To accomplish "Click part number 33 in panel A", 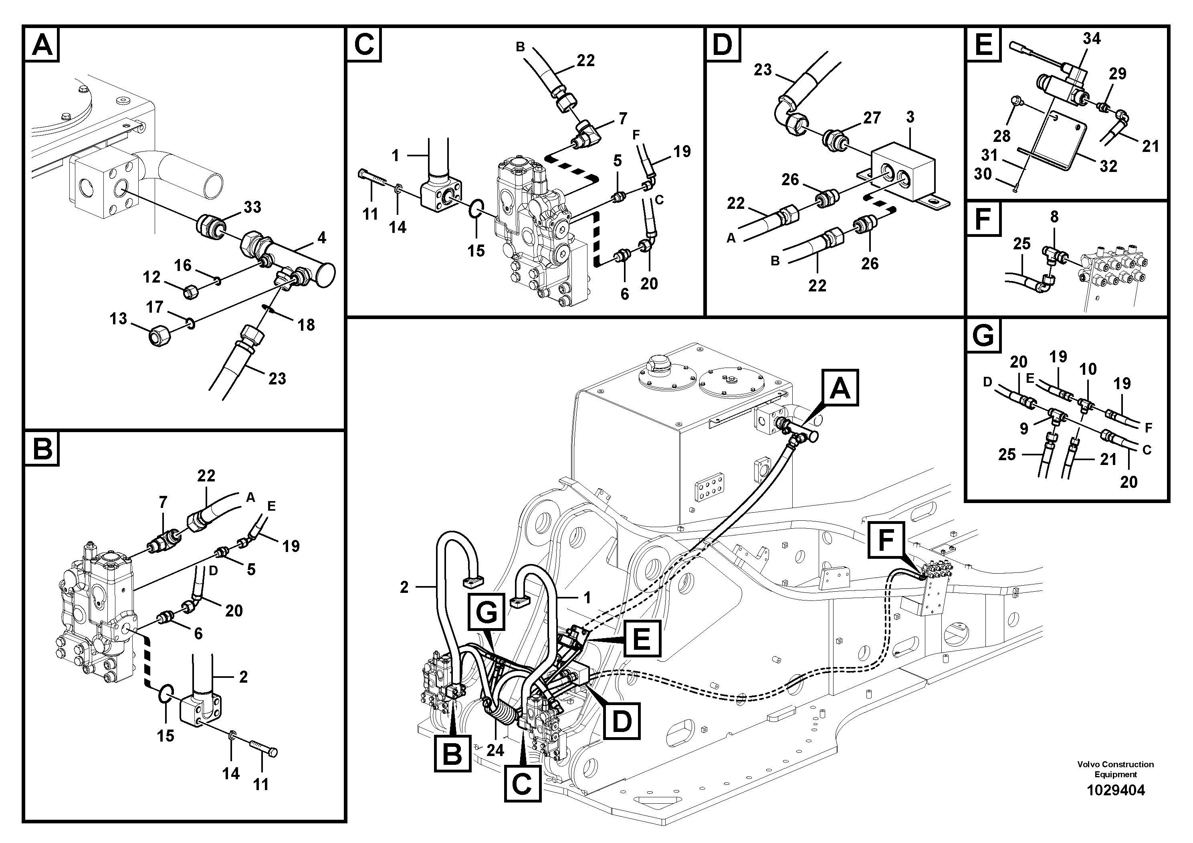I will click(252, 207).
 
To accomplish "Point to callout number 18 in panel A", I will click(306, 325).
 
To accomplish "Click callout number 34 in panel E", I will click(1091, 38).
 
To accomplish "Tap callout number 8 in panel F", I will click(1054, 217).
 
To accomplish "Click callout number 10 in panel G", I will click(1088, 369).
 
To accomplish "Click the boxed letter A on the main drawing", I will click(840, 388).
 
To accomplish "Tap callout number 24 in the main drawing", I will click(495, 750).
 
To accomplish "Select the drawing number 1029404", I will click(1116, 790).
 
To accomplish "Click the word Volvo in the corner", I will click(1088, 764).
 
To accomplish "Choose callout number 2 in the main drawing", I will click(404, 587).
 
